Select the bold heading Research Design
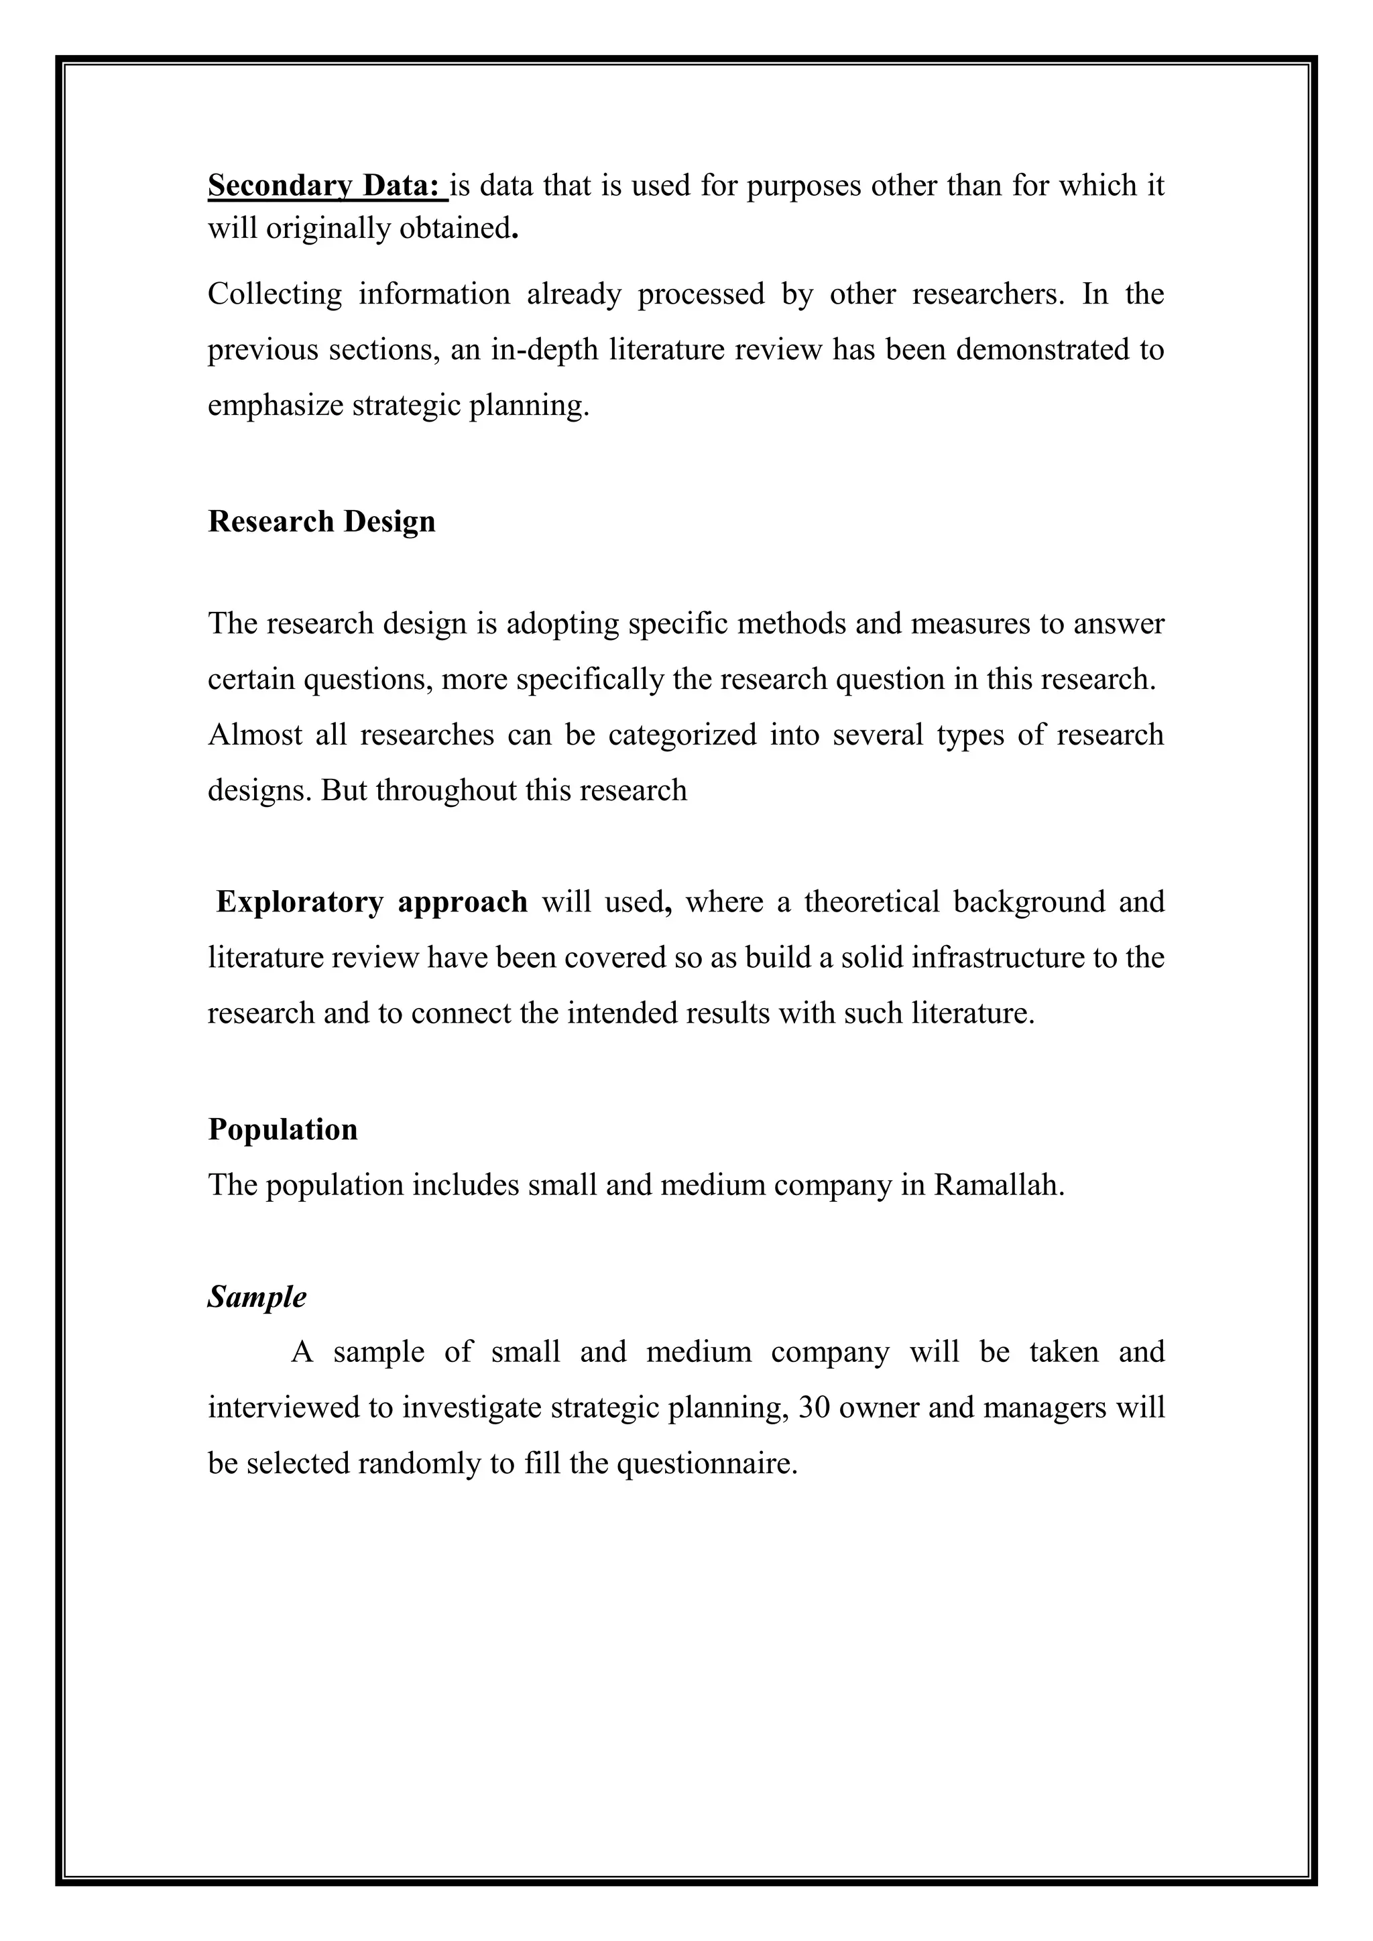click(321, 521)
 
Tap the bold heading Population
click(282, 1129)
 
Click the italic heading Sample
click(257, 1297)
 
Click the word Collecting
click(275, 294)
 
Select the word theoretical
click(872, 902)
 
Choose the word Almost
click(255, 735)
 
